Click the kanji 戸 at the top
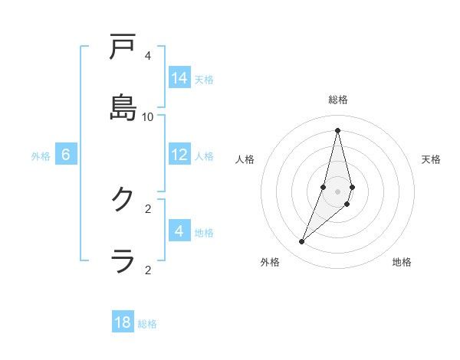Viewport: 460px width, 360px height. point(123,47)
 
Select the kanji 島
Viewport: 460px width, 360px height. point(123,108)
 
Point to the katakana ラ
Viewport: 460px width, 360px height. point(123,261)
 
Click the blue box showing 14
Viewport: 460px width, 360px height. point(179,78)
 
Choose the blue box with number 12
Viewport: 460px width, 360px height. point(179,155)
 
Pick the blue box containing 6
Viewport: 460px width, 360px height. point(66,155)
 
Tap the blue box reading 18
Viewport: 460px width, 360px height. point(123,322)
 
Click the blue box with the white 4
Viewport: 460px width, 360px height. point(179,231)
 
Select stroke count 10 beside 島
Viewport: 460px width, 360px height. point(148,116)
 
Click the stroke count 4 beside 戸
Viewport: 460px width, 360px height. point(148,55)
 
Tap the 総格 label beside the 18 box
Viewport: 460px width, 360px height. point(147,324)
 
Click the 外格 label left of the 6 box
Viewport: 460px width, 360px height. point(41,155)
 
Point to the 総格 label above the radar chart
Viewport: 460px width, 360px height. point(338,100)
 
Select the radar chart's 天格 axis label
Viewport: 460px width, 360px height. point(431,159)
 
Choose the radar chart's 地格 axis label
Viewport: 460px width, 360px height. point(402,262)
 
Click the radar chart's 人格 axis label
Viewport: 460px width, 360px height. point(245,159)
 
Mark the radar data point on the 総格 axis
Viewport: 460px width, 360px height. point(337,130)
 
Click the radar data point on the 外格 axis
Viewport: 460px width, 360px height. point(302,242)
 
